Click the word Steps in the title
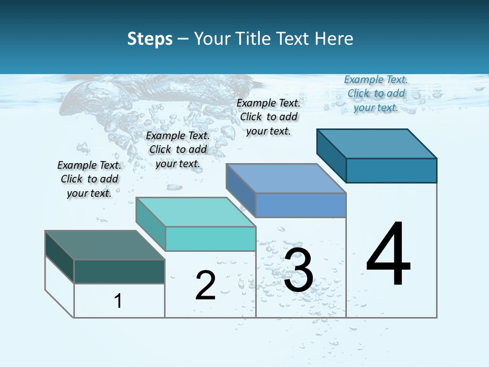point(150,39)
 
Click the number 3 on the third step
point(298,270)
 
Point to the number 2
point(205,285)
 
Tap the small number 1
point(118,301)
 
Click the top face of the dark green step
point(104,245)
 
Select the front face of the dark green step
point(119,271)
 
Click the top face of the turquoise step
point(196,212)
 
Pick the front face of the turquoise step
point(210,239)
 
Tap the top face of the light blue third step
point(286,178)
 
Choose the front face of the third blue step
point(301,205)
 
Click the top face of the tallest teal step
point(376,143)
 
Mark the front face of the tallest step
point(391,170)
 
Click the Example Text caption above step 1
point(89,179)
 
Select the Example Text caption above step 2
point(178,149)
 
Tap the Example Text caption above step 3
point(268,117)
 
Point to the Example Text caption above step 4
point(376,93)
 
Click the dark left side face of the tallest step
point(331,155)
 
